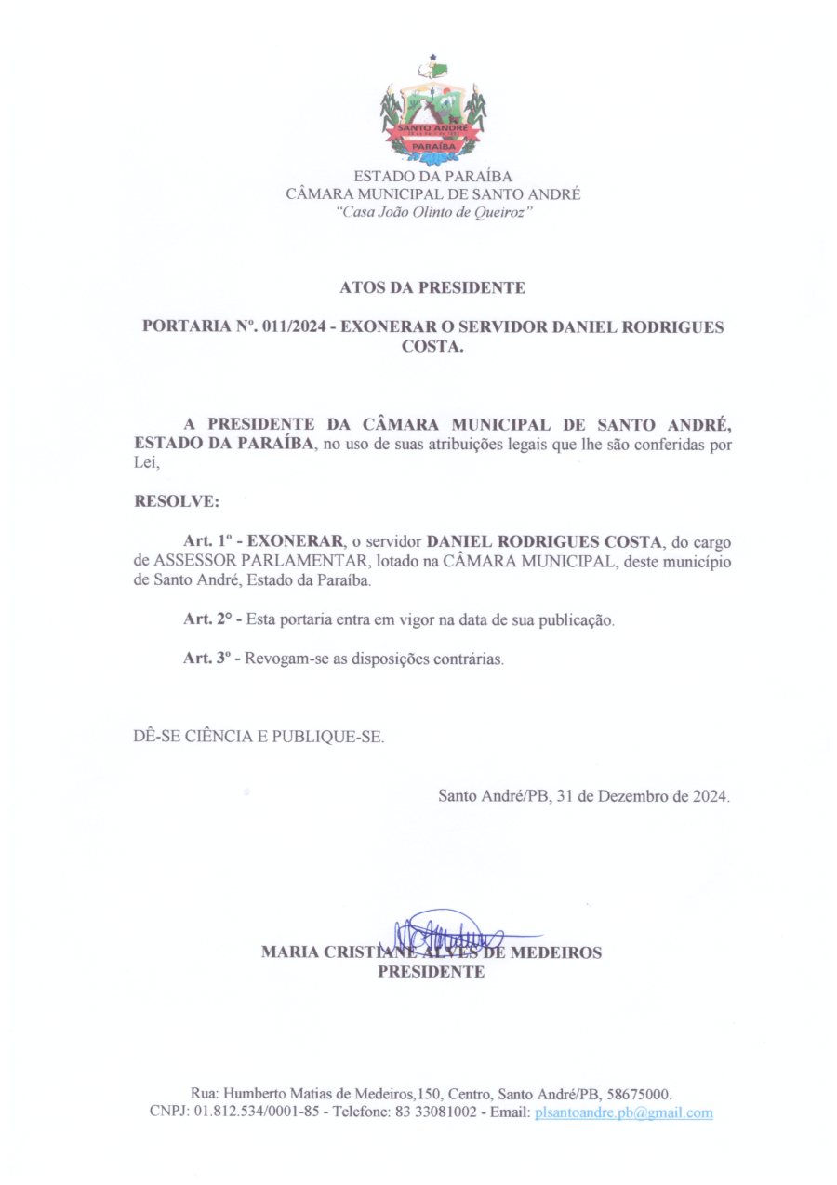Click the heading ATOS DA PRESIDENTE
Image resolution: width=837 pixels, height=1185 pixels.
click(432, 288)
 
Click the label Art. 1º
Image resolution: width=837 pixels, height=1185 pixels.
click(206, 540)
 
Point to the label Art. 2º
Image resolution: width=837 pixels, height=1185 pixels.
click(206, 619)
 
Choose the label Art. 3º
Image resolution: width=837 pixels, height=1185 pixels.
click(206, 659)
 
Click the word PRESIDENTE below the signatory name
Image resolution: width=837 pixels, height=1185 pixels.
click(432, 973)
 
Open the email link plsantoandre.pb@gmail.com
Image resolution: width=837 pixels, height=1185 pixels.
click(624, 1112)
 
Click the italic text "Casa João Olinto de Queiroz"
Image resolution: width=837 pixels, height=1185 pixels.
click(432, 213)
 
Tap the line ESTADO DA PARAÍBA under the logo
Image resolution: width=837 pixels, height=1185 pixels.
click(432, 176)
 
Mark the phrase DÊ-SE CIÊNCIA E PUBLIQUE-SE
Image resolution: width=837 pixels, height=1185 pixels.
click(259, 737)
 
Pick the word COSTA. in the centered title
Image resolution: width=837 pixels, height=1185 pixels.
click(432, 347)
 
